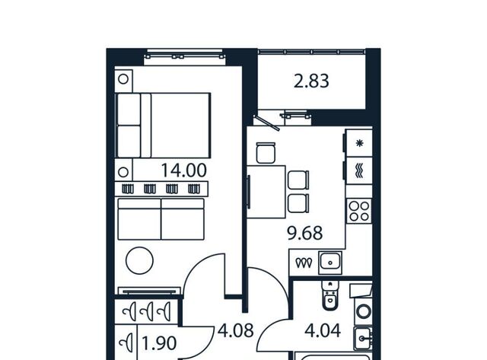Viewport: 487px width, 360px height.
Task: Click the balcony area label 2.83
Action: [311, 81]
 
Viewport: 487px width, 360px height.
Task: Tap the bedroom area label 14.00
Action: [183, 170]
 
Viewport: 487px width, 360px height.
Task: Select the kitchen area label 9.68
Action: [305, 233]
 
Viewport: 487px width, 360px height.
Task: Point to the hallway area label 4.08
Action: [236, 330]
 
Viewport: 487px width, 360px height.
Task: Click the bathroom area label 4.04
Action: [323, 330]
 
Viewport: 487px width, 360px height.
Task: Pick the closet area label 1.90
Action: [159, 343]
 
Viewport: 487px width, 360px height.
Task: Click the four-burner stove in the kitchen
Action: [359, 211]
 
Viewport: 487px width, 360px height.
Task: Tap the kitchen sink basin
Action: [330, 263]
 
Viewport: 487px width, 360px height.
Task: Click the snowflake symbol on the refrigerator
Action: [359, 143]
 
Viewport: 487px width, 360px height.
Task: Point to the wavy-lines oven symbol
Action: [359, 170]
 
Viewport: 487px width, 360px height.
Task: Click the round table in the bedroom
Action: [139, 260]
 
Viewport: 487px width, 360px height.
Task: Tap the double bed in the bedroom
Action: [163, 125]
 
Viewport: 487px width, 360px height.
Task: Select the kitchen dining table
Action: [266, 192]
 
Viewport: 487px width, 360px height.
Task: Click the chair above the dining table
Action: [266, 152]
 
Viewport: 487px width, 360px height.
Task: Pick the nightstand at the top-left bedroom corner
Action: [123, 79]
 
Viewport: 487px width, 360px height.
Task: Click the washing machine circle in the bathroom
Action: [364, 311]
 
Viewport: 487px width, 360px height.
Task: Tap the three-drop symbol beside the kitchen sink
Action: [304, 263]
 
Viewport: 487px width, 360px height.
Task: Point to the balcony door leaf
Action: [266, 123]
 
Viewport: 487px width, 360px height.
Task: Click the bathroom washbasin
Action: [363, 338]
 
